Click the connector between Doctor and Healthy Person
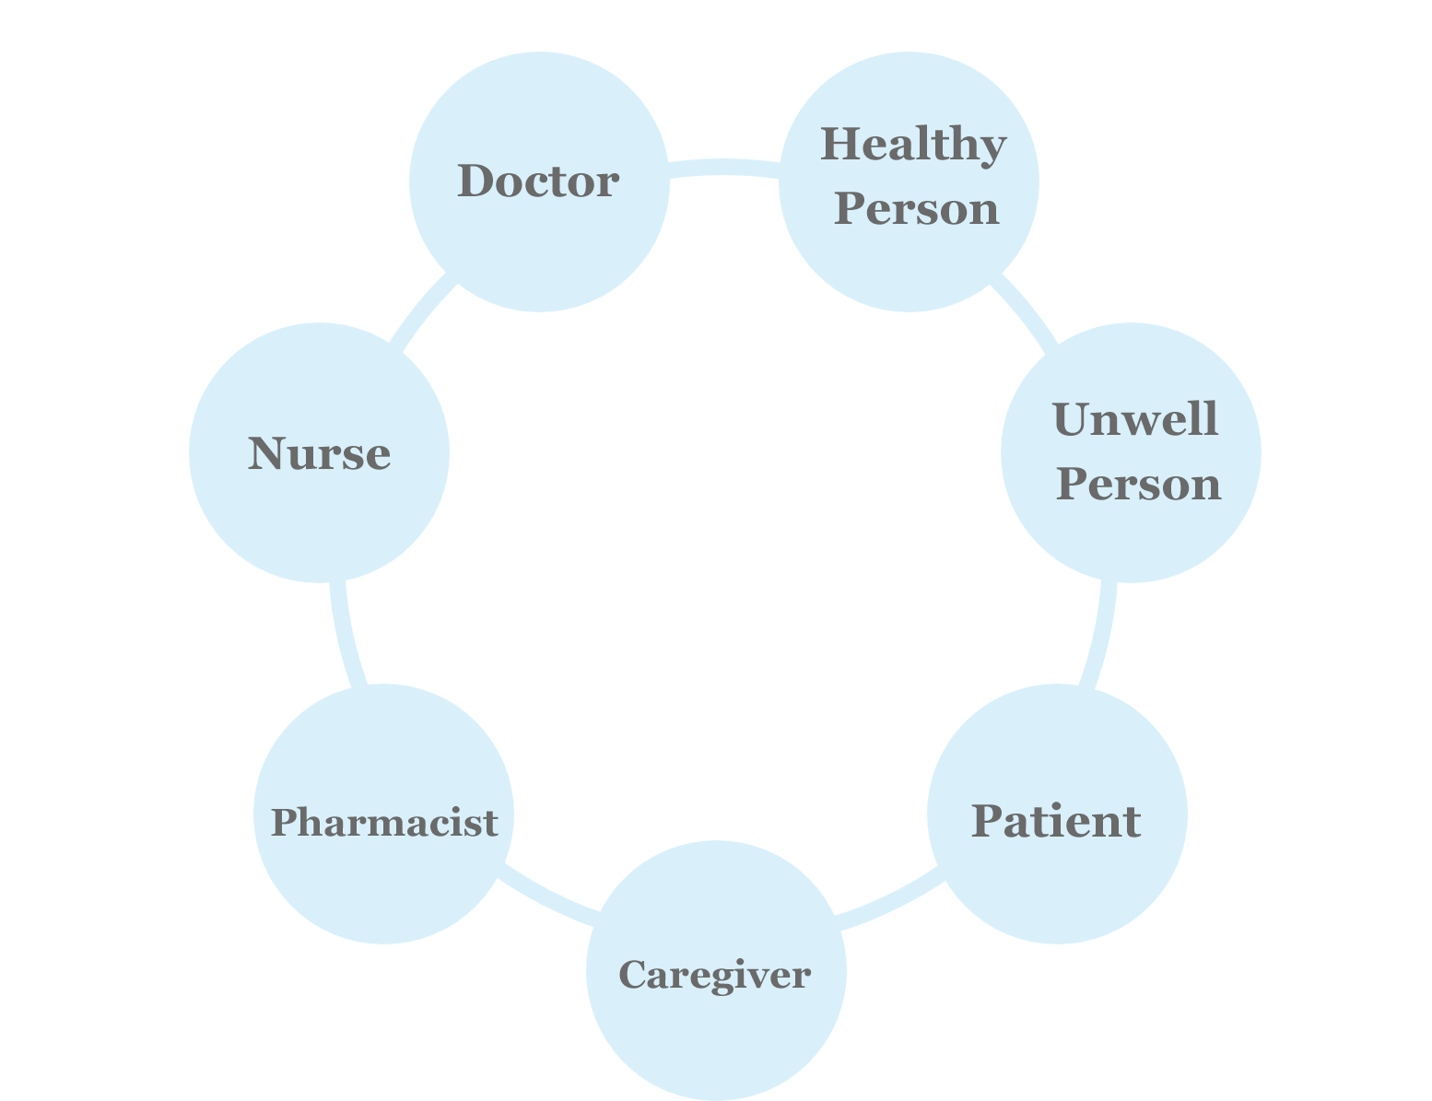[723, 167]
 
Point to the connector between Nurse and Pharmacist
[348, 636]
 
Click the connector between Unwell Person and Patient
[1100, 636]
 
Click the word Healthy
[912, 146]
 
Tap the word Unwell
[1134, 420]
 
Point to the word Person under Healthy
[917, 209]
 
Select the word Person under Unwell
[1138, 485]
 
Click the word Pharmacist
[383, 822]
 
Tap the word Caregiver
[715, 974]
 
